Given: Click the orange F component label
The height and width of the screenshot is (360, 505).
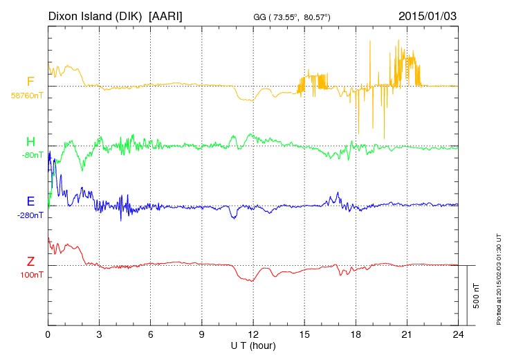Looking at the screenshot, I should coord(30,82).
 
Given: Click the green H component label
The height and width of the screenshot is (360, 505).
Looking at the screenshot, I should coord(30,142).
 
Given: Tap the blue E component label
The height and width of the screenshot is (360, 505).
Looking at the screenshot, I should coord(30,201).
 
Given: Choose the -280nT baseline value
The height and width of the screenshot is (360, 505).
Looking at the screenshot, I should coord(30,215).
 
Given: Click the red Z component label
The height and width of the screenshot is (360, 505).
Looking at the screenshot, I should coord(30,262).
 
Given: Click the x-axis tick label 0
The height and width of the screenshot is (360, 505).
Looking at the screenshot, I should coord(48,334).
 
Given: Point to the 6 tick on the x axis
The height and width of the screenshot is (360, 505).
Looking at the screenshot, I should coord(150,334).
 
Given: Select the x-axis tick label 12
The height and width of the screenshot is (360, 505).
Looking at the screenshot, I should coord(253,334).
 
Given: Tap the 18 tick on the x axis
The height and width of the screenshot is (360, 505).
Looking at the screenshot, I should coord(356,334).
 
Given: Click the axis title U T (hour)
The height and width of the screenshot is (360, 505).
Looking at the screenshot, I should coord(253,345).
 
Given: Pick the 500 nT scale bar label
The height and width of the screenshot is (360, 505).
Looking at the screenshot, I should coord(477,296).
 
